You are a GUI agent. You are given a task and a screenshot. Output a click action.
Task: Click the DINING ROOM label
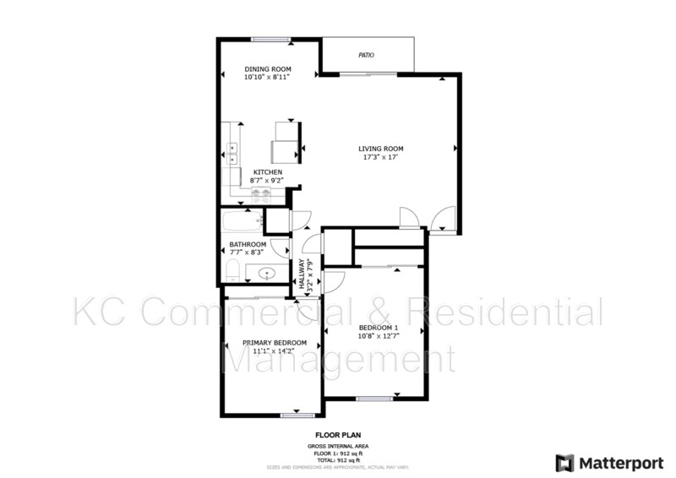pyautogui.click(x=268, y=68)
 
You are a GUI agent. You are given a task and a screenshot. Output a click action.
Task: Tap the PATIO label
pyautogui.click(x=366, y=56)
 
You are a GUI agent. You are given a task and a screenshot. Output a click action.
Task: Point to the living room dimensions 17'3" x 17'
pyautogui.click(x=380, y=157)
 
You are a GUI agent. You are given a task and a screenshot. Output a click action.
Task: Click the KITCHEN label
pyautogui.click(x=267, y=172)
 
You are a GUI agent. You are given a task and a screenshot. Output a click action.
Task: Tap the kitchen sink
pyautogui.click(x=233, y=153)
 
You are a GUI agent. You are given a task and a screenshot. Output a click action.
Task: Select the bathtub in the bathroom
pyautogui.click(x=243, y=223)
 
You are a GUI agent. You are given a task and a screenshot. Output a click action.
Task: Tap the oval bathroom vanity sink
pyautogui.click(x=269, y=273)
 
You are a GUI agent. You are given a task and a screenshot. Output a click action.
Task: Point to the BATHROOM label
pyautogui.click(x=248, y=244)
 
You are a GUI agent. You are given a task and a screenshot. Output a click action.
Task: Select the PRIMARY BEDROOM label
pyautogui.click(x=274, y=342)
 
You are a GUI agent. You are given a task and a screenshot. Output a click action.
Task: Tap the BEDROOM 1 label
pyautogui.click(x=377, y=327)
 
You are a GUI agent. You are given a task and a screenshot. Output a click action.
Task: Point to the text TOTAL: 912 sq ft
pyautogui.click(x=337, y=459)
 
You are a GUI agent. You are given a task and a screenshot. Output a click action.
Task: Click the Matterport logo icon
pyautogui.click(x=564, y=463)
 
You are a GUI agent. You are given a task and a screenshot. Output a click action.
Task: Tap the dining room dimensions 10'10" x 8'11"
pyautogui.click(x=268, y=77)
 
